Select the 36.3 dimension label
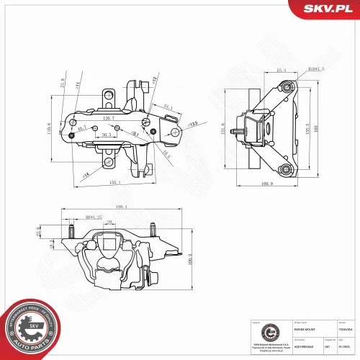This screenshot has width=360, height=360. point(106,135)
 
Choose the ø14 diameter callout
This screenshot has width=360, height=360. point(86,174)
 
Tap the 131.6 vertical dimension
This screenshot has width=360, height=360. point(222,130)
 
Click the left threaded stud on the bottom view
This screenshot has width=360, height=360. point(74,231)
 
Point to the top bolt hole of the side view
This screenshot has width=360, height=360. point(288,87)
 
